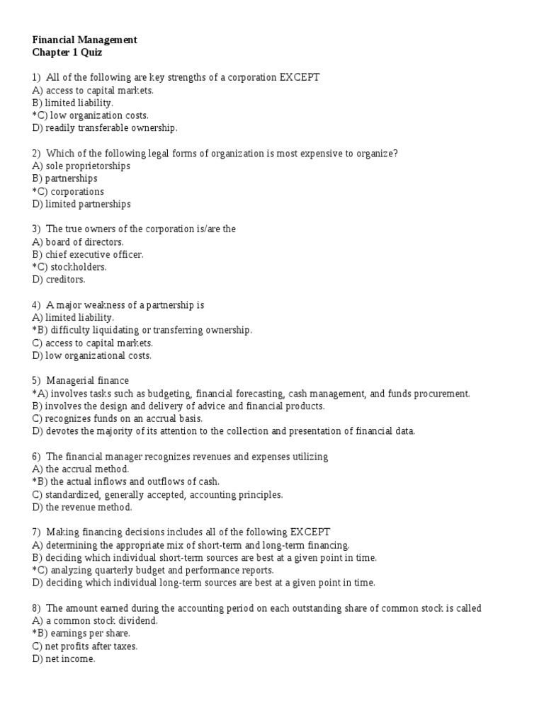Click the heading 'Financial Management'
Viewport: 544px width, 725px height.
pyautogui.click(x=85, y=40)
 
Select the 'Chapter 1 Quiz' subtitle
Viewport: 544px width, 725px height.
pyautogui.click(x=67, y=52)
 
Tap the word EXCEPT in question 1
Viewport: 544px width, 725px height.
pyautogui.click(x=300, y=78)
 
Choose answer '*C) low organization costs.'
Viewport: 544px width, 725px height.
pyautogui.click(x=90, y=115)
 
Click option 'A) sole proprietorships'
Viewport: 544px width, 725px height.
pyautogui.click(x=81, y=166)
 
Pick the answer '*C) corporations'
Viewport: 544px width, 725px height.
pyautogui.click(x=68, y=192)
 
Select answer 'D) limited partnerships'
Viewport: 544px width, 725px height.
pyautogui.click(x=81, y=205)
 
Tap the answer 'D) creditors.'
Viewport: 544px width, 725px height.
pyautogui.click(x=58, y=280)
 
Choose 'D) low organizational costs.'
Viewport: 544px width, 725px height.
pyautogui.click(x=91, y=356)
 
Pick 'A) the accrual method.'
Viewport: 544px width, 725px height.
pyautogui.click(x=80, y=469)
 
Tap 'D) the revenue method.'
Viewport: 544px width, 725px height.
pyautogui.click(x=82, y=508)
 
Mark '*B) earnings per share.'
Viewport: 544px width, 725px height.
pyautogui.click(x=81, y=634)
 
